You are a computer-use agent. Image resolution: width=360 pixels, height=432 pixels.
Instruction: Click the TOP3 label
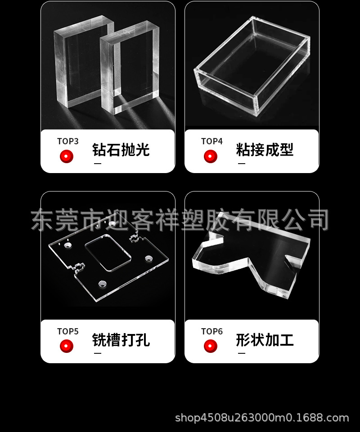point(67,141)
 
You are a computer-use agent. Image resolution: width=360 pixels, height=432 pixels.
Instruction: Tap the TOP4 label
point(211,141)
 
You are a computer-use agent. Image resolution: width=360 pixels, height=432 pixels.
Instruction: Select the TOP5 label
point(67,331)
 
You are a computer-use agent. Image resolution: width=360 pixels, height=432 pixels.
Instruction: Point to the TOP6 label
point(211,331)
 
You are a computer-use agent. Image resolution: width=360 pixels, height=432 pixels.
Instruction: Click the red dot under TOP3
point(67,156)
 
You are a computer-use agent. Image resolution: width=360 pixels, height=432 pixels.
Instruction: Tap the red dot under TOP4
point(211,156)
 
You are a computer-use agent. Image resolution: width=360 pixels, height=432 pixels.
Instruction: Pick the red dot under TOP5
point(67,346)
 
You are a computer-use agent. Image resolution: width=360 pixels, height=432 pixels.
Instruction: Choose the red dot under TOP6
point(211,346)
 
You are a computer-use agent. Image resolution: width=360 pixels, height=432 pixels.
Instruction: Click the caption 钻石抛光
point(121,150)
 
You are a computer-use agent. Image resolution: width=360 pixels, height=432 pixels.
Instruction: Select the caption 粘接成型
point(265,150)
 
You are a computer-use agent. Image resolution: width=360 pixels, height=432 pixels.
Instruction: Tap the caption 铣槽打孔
point(121,340)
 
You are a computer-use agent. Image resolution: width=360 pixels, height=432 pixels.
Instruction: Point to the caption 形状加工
point(265,340)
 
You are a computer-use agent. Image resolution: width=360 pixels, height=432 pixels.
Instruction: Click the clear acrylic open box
point(252,67)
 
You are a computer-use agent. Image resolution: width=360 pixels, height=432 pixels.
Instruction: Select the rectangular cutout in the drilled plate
point(108,254)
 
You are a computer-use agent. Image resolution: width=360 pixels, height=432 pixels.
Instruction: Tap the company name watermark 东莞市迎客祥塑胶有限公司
point(180,220)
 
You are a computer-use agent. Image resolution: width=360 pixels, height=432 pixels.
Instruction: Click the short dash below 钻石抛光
point(97,164)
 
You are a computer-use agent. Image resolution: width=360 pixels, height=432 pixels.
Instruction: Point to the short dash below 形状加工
point(241,354)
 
